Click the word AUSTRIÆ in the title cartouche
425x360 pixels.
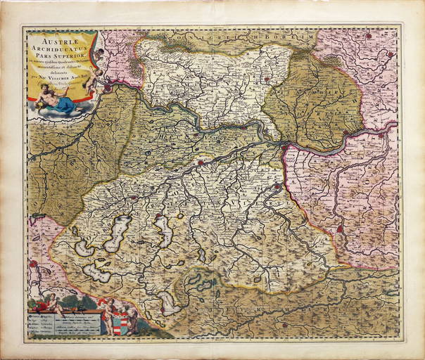56,41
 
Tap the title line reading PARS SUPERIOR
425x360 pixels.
56,57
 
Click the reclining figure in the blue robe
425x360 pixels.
60,104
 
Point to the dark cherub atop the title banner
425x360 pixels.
99,54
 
